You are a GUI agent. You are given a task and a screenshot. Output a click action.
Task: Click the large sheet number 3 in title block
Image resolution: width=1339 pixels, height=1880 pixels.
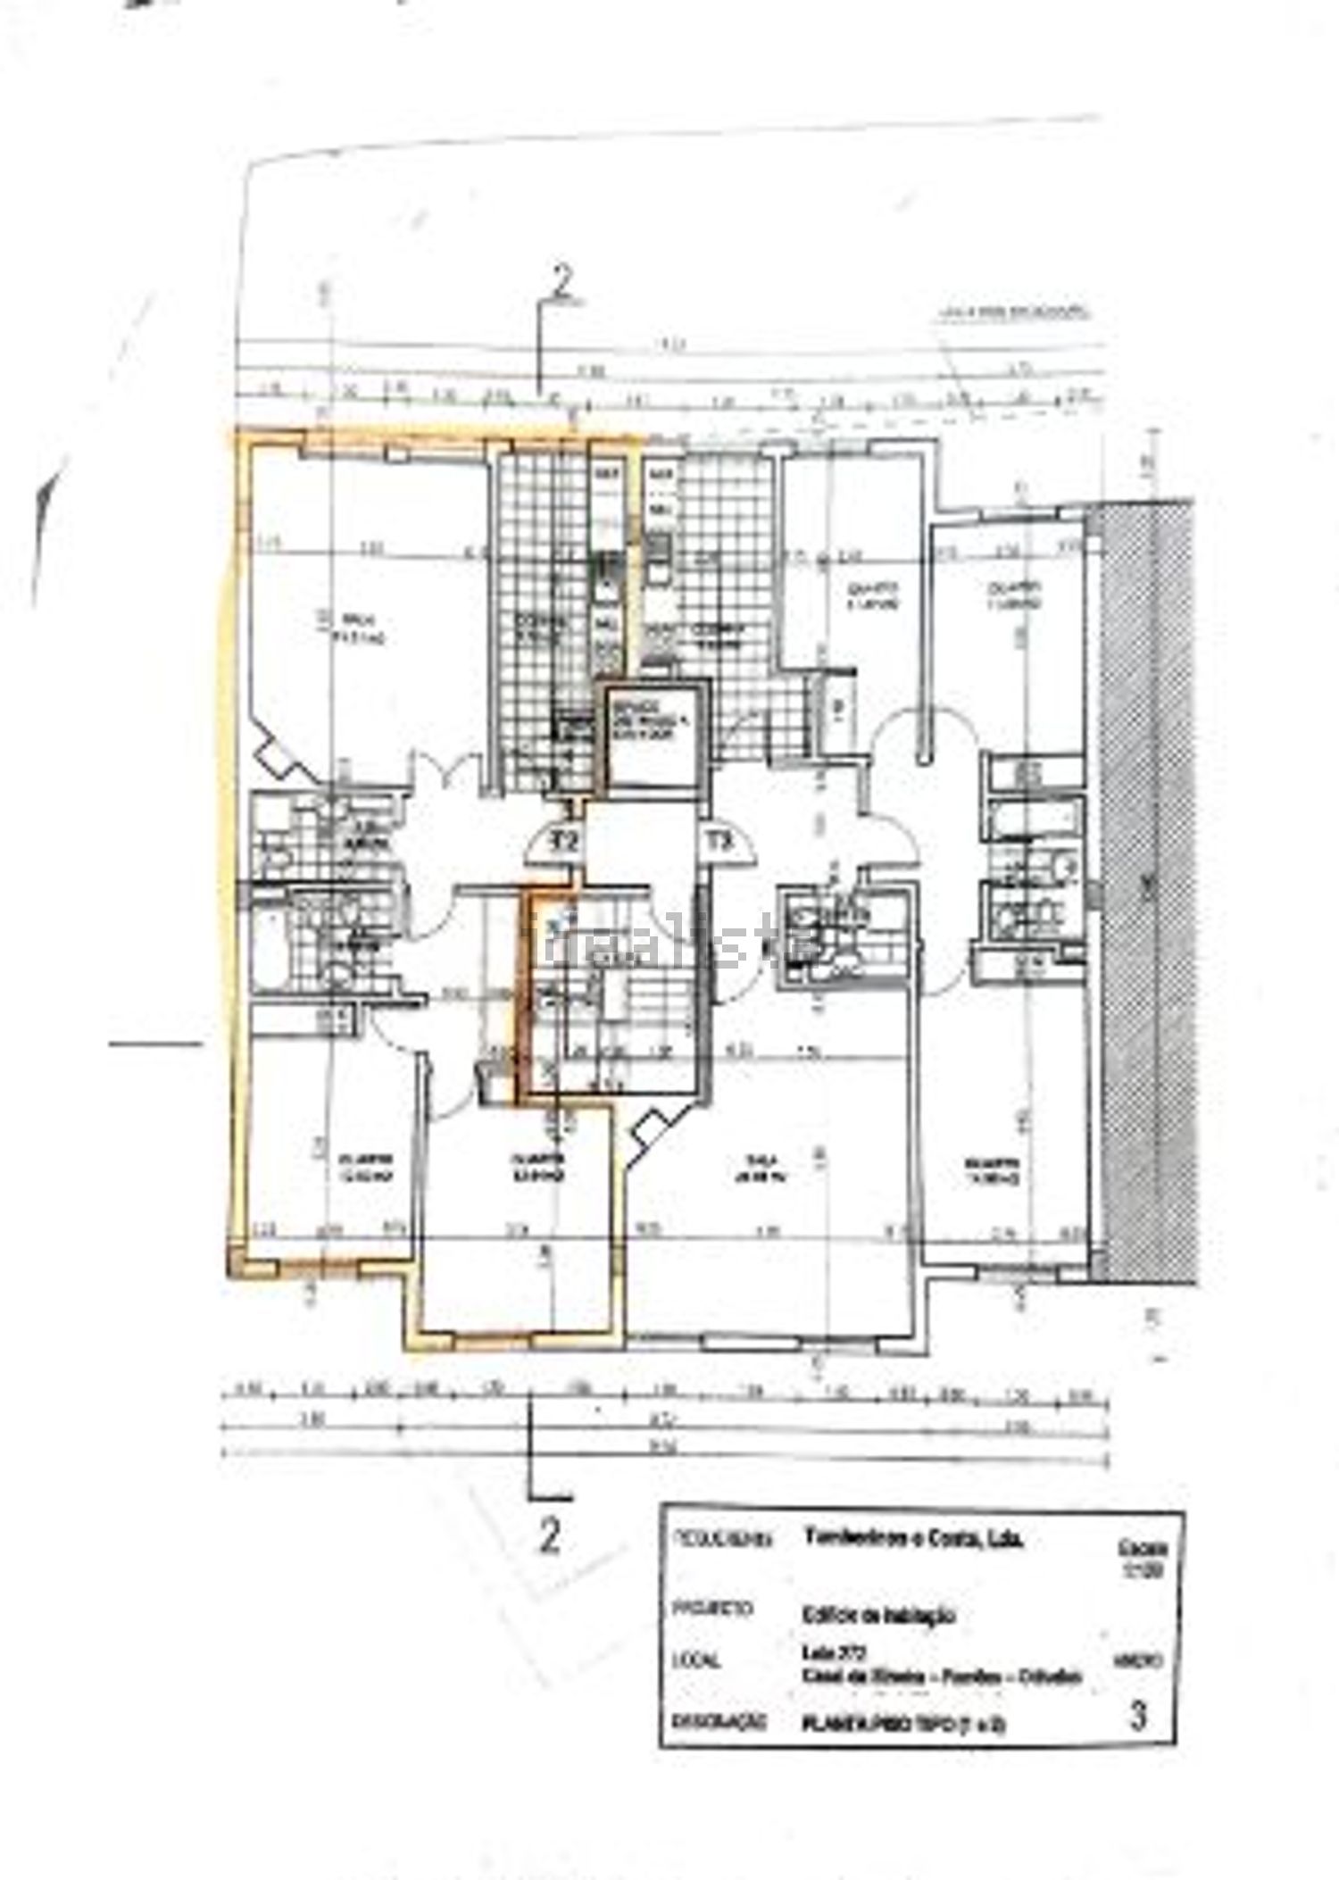click(1137, 1717)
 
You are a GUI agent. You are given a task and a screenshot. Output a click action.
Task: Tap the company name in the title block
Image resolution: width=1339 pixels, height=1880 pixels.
click(913, 1538)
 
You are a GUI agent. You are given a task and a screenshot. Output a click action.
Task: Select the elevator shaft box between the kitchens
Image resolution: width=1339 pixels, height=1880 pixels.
click(651, 733)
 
